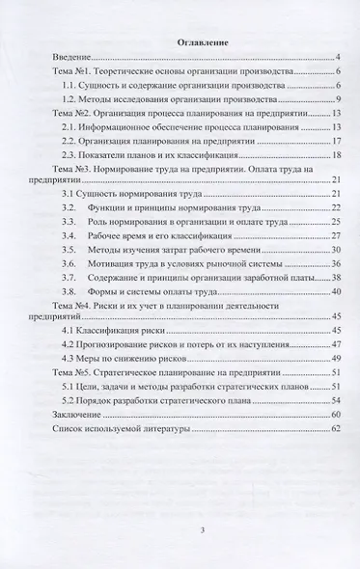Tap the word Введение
(75, 59)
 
